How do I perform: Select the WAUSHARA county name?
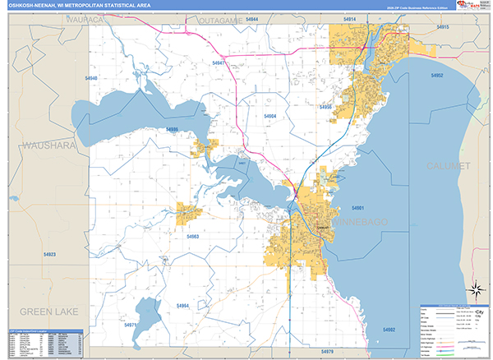pyautogui.click(x=47, y=145)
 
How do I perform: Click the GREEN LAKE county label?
pyautogui.click(x=47, y=312)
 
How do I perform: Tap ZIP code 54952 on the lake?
pyautogui.click(x=436, y=75)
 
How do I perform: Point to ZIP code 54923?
pyautogui.click(x=49, y=255)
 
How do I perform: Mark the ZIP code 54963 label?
pyautogui.click(x=192, y=237)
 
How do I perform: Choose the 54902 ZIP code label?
pyautogui.click(x=389, y=329)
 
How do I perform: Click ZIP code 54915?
pyautogui.click(x=443, y=27)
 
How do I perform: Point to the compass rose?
pyautogui.click(x=475, y=288)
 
